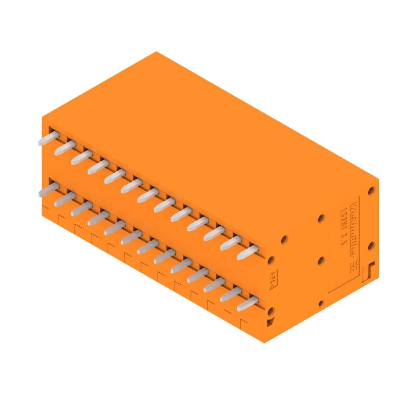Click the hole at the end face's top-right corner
pos(371,191)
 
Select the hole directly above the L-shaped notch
pos(371,245)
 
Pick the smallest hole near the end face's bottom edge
pos(320,303)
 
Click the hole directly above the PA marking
pos(271,260)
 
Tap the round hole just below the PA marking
pos(271,310)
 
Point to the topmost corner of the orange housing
pos(156,52)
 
